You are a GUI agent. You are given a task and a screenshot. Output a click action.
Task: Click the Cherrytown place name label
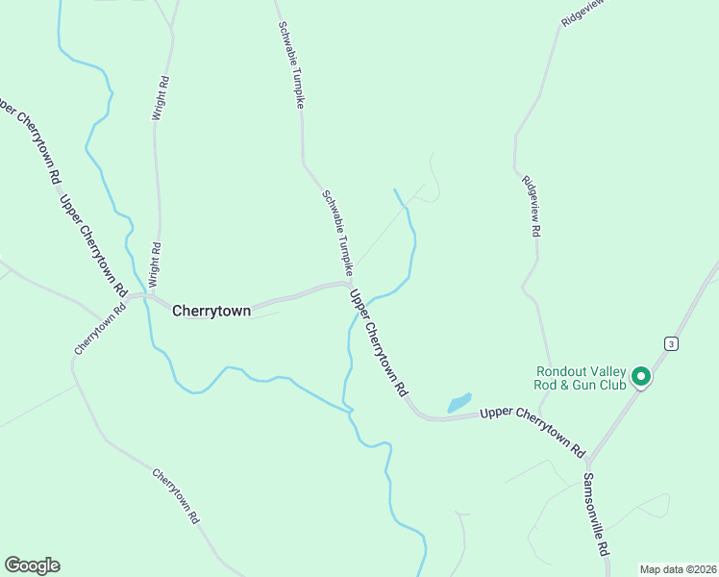click(x=211, y=311)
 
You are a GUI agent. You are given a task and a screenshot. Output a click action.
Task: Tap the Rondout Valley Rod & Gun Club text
click(x=581, y=379)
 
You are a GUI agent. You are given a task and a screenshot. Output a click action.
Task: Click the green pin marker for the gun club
click(x=640, y=378)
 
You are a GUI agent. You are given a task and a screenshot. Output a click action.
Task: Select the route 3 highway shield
click(x=671, y=343)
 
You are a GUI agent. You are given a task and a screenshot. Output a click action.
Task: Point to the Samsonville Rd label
click(x=597, y=513)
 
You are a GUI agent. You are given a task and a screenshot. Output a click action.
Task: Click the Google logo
click(x=32, y=565)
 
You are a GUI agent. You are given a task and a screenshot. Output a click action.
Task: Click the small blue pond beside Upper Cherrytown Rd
click(x=459, y=402)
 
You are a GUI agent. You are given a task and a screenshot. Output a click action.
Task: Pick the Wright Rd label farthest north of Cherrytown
click(x=161, y=97)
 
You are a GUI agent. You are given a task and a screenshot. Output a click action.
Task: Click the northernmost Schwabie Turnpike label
click(x=290, y=64)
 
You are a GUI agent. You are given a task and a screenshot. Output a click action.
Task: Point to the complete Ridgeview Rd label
click(x=532, y=207)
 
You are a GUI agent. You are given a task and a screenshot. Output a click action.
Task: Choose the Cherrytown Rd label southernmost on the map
click(x=177, y=494)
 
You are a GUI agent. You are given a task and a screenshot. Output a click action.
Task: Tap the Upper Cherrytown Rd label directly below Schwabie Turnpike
click(x=378, y=343)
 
